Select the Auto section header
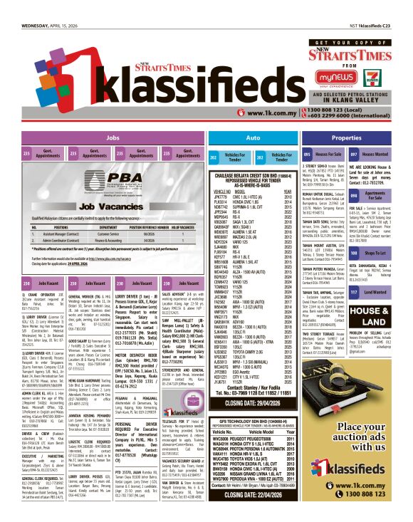(x=253, y=138)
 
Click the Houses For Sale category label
(x=328, y=155)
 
